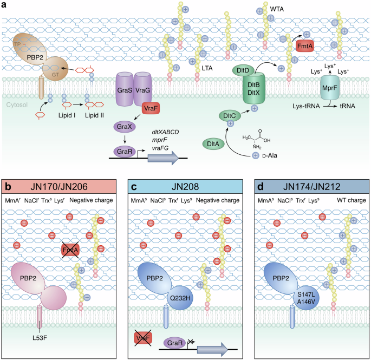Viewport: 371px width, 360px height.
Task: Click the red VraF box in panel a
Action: coord(151,109)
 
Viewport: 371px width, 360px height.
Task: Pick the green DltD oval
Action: coord(242,70)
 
